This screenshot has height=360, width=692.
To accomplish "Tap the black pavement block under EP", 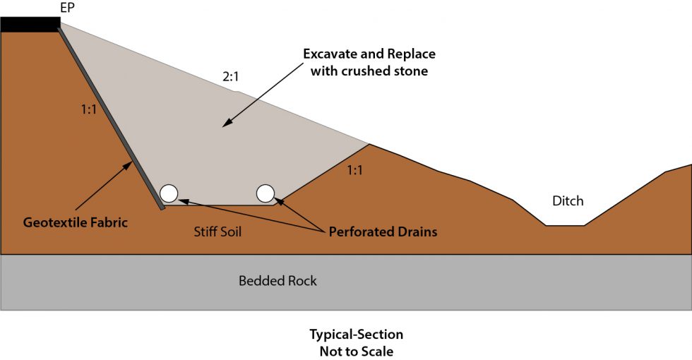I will click(30, 25).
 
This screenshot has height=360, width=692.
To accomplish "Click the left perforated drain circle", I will click(169, 193).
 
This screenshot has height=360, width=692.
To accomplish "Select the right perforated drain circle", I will click(266, 193).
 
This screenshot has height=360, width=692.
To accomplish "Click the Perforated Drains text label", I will click(383, 232).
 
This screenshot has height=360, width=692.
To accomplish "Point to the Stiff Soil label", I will click(217, 232).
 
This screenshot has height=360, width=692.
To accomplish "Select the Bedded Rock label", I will click(278, 281).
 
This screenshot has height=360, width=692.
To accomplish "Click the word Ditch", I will click(568, 201).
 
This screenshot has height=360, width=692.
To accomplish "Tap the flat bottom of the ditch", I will click(564, 226).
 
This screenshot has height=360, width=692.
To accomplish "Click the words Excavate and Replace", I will click(369, 54).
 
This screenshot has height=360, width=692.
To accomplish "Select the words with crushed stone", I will click(369, 71).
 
